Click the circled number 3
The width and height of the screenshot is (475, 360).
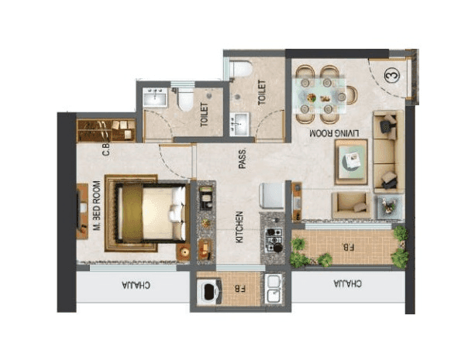(392, 76)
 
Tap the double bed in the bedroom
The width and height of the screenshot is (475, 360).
(147, 214)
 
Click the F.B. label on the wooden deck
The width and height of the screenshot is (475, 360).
(346, 248)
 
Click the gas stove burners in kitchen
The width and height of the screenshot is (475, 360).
(274, 238)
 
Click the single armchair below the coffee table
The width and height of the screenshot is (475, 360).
(350, 204)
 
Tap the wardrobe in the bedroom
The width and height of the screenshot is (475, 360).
(106, 129)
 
